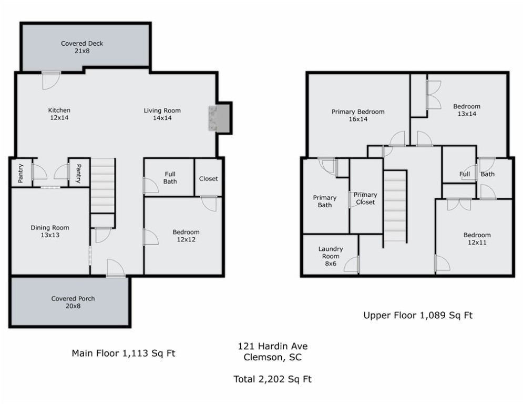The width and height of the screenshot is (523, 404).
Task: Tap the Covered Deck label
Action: [x=82, y=47]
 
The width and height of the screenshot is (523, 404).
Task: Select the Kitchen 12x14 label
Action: [x=59, y=114]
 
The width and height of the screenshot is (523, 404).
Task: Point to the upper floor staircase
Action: [x=395, y=206]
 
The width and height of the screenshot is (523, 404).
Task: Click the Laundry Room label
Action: [x=331, y=256]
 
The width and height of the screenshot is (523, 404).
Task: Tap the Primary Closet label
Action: [x=365, y=198]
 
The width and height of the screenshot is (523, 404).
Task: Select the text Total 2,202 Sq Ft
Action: [x=272, y=379]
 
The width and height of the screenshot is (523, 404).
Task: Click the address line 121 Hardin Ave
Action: [x=272, y=346]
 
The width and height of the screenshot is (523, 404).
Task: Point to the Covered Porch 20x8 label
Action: [x=73, y=302]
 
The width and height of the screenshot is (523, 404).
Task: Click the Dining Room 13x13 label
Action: [x=50, y=231]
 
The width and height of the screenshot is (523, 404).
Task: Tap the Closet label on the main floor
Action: [x=209, y=179]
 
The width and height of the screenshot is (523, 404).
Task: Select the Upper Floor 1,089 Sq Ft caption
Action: [x=418, y=315]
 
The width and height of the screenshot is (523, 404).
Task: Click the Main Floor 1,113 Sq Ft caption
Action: [x=124, y=353]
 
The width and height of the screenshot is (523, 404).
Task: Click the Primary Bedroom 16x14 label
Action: [x=358, y=115]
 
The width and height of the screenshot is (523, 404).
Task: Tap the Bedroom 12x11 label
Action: [x=477, y=238]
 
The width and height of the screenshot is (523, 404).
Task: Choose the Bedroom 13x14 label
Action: [x=467, y=110]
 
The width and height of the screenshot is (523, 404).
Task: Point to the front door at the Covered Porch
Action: [x=116, y=268]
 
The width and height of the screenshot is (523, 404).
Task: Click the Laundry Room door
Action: [x=352, y=264]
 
